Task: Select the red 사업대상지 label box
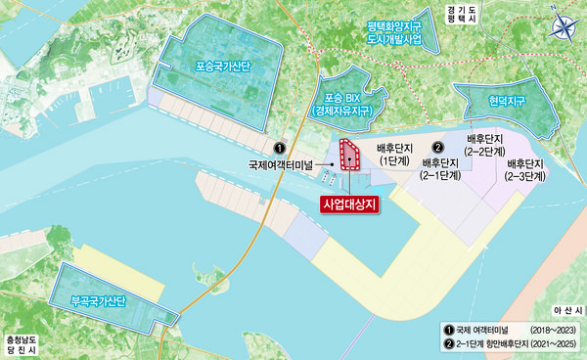click(349, 204)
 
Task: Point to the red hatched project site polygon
click(349, 158)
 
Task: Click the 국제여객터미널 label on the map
click(280, 165)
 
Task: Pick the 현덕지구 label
click(496, 101)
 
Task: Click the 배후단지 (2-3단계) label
click(526, 171)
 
